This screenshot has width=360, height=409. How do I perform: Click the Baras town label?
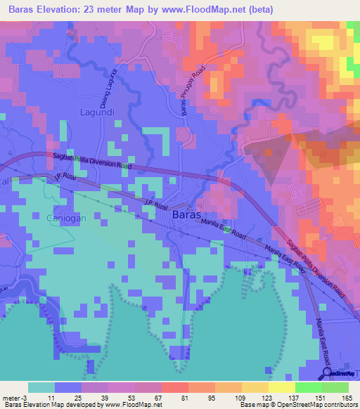coord(189,216)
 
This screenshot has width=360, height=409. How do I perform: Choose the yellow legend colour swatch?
coord(282,387)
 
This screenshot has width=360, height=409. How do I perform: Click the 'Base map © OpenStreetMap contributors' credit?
coord(297,405)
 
